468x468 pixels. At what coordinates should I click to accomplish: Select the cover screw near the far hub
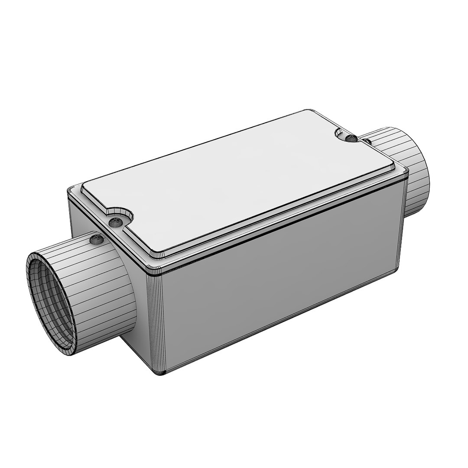point(351,139)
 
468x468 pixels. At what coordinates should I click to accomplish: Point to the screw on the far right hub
point(367,141)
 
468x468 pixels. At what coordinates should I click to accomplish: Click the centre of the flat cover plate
point(238,182)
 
